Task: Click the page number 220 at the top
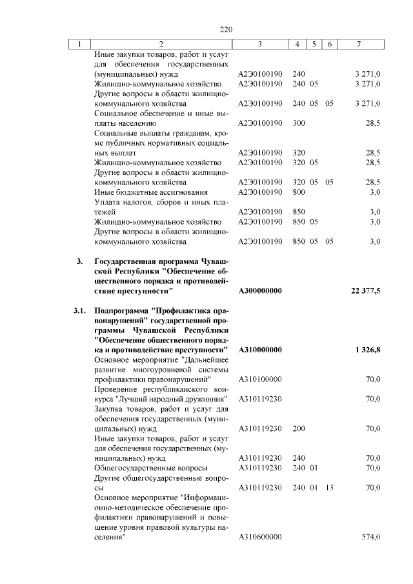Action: pos(226,30)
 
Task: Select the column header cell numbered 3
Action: pos(259,45)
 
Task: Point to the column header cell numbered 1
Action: pos(79,45)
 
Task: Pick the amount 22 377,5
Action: pos(366,291)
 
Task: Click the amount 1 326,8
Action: pos(368,349)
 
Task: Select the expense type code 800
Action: pos(299,192)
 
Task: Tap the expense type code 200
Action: pos(299,428)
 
